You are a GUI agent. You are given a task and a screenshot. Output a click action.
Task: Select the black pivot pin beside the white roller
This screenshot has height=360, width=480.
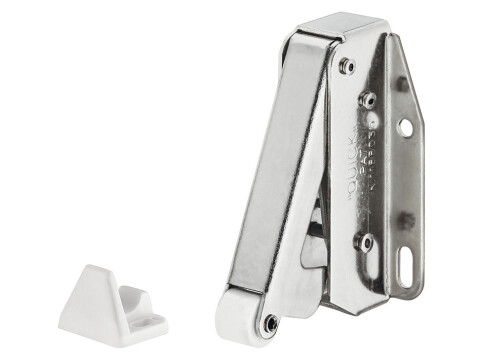(270, 322)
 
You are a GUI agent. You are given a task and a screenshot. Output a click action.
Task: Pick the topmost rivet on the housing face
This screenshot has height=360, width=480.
(347, 65)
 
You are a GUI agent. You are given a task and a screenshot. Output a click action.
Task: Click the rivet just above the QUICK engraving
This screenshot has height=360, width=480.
(365, 99)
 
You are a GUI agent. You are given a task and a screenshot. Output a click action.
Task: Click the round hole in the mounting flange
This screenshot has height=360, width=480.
(406, 128)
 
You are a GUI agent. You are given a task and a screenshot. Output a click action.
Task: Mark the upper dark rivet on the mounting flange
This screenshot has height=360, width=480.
(402, 84)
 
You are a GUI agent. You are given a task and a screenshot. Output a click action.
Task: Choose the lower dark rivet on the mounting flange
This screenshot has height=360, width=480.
(406, 219)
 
